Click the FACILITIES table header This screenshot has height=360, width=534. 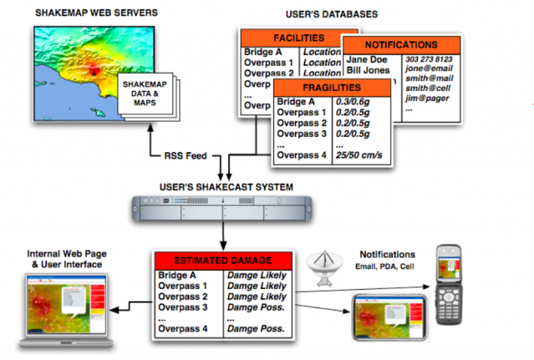[x=298, y=38]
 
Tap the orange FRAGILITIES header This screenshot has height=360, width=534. [x=332, y=88]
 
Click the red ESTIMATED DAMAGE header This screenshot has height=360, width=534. [x=222, y=261]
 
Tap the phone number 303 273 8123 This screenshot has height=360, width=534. [x=429, y=60]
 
